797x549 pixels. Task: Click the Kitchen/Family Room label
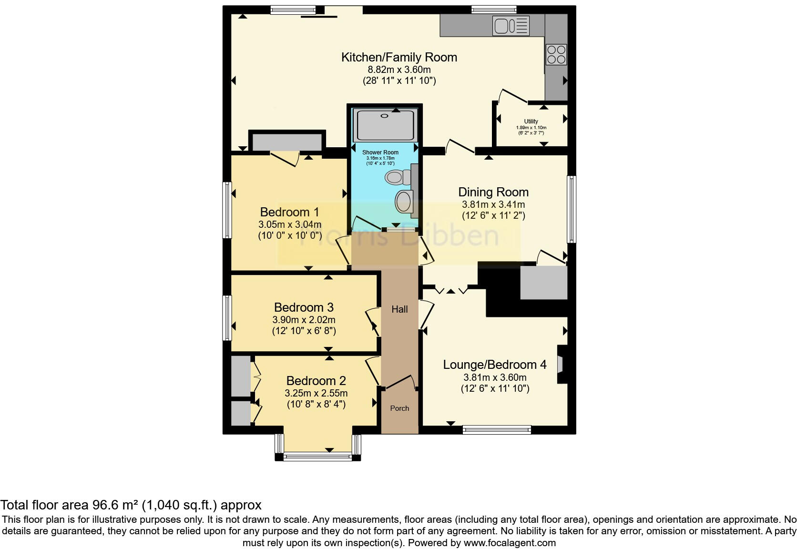tap(399, 57)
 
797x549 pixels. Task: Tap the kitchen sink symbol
tap(511, 26)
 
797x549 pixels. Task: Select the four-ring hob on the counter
tap(556, 54)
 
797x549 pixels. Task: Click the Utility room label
tap(531, 122)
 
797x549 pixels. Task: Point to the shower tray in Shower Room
tap(385, 125)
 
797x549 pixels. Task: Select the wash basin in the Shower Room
tap(405, 202)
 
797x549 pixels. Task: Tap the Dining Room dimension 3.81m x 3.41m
tap(493, 204)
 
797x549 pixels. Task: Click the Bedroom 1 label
tap(289, 212)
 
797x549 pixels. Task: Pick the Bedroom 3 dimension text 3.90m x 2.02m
tap(304, 320)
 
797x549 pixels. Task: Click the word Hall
tap(399, 309)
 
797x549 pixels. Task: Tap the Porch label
tap(399, 408)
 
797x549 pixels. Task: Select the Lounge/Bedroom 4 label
tap(494, 365)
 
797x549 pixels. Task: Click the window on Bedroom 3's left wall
tap(227, 318)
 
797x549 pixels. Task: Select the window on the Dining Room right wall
tap(571, 209)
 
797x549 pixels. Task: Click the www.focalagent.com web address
tap(509, 542)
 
